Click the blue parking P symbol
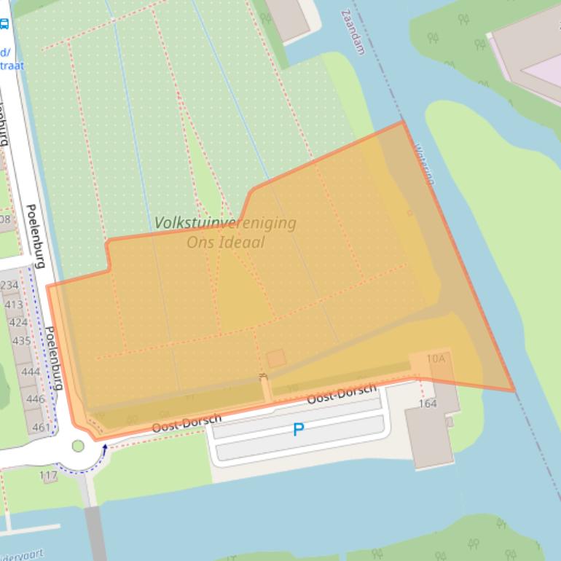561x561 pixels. click(298, 430)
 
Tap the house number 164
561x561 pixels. click(428, 404)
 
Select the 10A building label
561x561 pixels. click(436, 358)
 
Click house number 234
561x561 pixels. click(9, 285)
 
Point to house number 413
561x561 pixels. click(13, 304)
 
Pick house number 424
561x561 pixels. click(18, 322)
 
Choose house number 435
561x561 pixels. click(22, 340)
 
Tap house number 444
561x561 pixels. click(30, 372)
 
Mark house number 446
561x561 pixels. click(35, 399)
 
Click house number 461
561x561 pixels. click(42, 427)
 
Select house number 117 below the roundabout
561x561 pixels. click(48, 476)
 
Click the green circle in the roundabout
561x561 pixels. click(78, 446)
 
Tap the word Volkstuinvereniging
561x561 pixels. click(225, 223)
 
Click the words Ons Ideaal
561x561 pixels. click(226, 243)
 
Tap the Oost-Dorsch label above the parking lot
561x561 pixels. click(342, 394)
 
